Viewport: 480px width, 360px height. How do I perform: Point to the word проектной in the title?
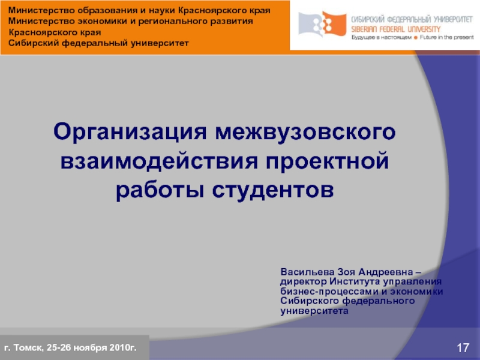coord(328,161)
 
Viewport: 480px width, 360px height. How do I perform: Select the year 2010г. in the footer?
coord(123,347)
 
